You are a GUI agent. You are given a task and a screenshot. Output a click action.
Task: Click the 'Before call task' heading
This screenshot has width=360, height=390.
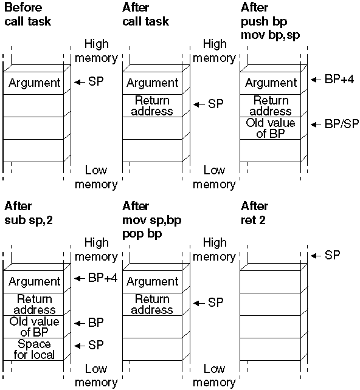pyautogui.click(x=27, y=15)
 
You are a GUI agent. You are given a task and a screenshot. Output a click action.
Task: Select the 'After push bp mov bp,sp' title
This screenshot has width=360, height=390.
pyautogui.click(x=271, y=21)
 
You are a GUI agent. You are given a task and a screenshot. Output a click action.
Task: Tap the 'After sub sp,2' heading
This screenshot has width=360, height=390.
pyautogui.click(x=29, y=213)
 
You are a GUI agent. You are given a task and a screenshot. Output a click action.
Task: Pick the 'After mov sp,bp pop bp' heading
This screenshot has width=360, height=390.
pyautogui.click(x=152, y=220)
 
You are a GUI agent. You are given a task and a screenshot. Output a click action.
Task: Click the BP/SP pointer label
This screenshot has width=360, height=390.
pyautogui.click(x=342, y=124)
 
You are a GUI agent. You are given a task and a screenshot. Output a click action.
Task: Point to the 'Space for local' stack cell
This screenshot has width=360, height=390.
pyautogui.click(x=33, y=349)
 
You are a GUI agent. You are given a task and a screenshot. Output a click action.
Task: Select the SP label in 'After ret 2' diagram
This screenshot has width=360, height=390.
pyautogui.click(x=332, y=255)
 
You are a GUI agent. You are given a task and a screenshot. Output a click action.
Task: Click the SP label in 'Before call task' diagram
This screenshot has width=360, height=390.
pyautogui.click(x=95, y=81)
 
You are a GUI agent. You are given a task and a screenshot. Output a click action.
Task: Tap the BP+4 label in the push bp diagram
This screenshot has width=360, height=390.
pyautogui.click(x=339, y=80)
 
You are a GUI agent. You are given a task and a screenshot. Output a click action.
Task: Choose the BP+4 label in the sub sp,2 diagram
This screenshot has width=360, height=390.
pyautogui.click(x=103, y=278)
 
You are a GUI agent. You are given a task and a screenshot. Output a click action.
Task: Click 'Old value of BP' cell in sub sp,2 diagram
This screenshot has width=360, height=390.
pyautogui.click(x=33, y=327)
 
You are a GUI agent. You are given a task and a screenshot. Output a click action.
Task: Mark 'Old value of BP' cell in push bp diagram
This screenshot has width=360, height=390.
pyautogui.click(x=271, y=128)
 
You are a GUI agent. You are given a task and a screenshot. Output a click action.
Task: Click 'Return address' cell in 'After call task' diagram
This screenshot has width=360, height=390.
pyautogui.click(x=152, y=106)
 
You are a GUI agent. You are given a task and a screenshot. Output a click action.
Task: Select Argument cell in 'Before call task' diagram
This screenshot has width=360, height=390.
pyautogui.click(x=33, y=83)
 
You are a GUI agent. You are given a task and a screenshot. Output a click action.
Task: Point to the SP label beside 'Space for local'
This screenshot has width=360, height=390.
pyautogui.click(x=95, y=345)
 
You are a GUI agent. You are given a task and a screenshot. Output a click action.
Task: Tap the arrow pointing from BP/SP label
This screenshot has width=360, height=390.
pyautogui.click(x=316, y=125)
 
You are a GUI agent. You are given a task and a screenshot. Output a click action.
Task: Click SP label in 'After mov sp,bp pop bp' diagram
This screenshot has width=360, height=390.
pyautogui.click(x=216, y=303)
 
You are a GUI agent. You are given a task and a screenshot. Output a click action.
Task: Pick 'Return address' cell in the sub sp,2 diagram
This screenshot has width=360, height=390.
pyautogui.click(x=33, y=304)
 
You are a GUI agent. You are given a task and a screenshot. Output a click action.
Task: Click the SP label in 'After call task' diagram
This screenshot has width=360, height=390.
pyautogui.click(x=216, y=104)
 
